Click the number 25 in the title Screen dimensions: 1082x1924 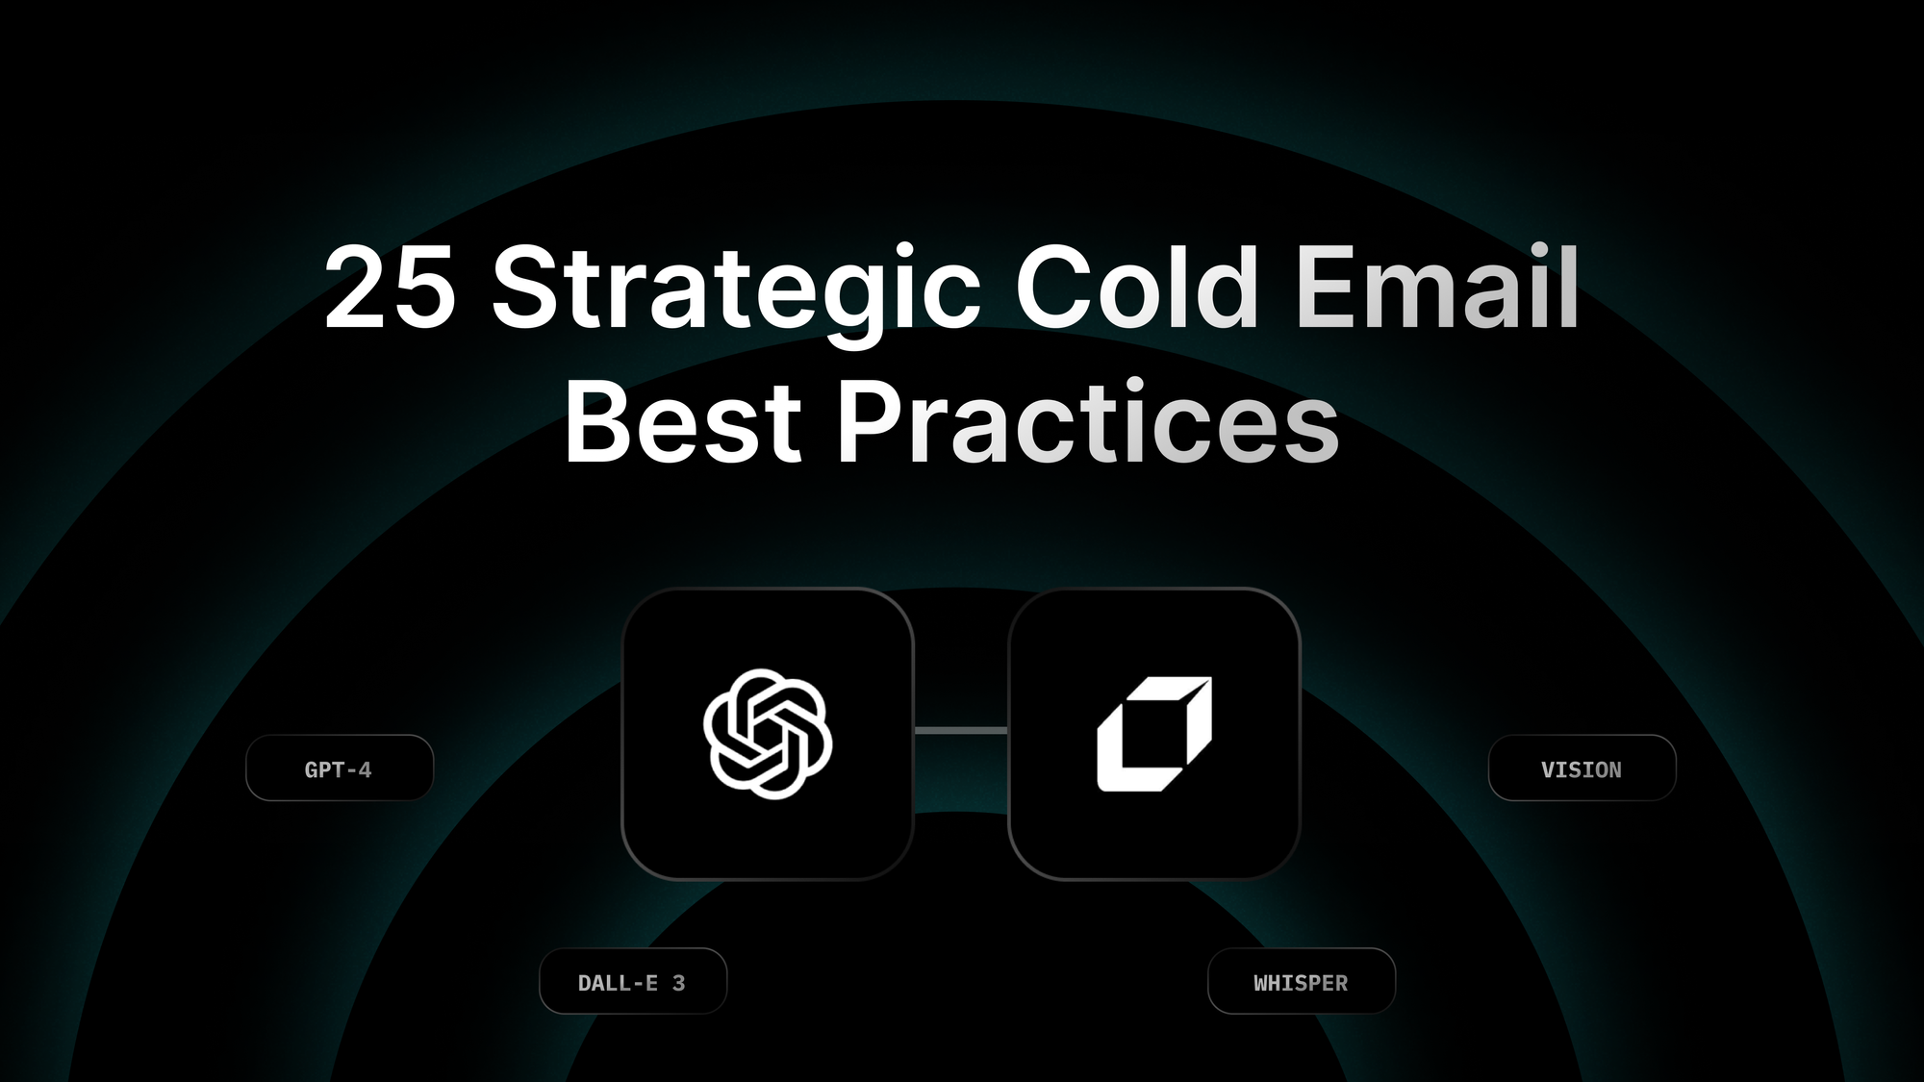(x=390, y=289)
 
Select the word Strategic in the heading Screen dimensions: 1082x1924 (x=736, y=289)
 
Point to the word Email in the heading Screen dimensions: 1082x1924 (x=1437, y=289)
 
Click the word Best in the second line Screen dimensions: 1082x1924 (x=682, y=423)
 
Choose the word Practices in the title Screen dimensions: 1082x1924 (x=1088, y=423)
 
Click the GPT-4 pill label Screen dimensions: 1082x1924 (x=339, y=768)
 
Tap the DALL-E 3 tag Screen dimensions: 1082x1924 (x=632, y=982)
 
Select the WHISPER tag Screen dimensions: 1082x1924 (x=1301, y=982)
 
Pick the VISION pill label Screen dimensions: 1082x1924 (x=1582, y=768)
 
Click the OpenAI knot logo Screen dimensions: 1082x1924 (x=768, y=734)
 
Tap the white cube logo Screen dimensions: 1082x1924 (x=1153, y=734)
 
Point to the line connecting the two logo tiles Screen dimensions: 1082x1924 (x=960, y=731)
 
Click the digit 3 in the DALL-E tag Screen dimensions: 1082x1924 (x=678, y=983)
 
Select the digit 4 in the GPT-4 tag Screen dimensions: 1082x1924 (x=365, y=769)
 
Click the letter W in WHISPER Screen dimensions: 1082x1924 (x=1261, y=983)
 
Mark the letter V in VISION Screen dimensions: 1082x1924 (x=1548, y=769)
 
